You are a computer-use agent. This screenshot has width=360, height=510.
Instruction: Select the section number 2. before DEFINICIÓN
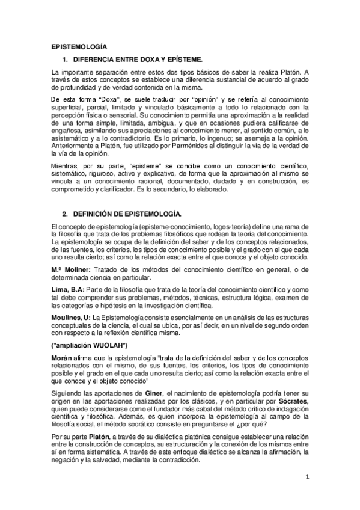tap(66, 214)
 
